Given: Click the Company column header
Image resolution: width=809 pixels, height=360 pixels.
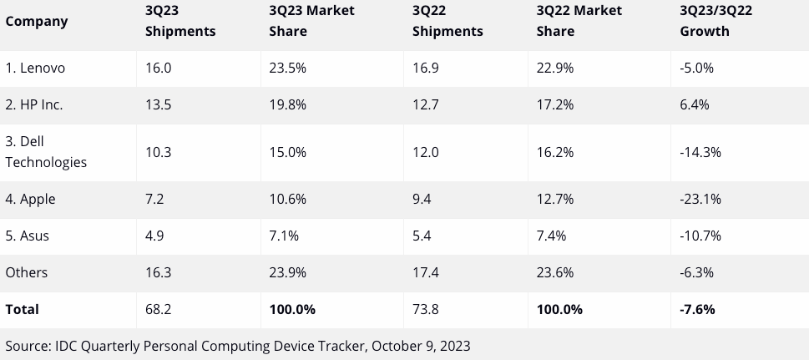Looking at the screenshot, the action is pyautogui.click(x=36, y=22).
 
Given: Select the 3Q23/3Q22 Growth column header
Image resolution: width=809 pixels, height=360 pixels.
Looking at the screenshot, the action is pyautogui.click(x=715, y=21).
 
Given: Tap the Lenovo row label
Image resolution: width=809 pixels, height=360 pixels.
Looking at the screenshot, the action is pyautogui.click(x=35, y=68).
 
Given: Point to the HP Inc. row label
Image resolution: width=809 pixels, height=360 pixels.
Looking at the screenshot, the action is pyautogui.click(x=34, y=105).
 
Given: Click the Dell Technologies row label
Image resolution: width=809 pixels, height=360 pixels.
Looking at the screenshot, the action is pyautogui.click(x=46, y=152).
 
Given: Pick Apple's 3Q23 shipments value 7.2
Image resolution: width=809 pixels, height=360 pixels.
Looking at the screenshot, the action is pyautogui.click(x=154, y=199).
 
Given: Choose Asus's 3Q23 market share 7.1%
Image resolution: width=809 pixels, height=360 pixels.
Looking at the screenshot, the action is pyautogui.click(x=284, y=236).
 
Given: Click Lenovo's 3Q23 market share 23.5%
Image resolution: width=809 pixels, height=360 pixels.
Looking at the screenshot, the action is pyautogui.click(x=287, y=68).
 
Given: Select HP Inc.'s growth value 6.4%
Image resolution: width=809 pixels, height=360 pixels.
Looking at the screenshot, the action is pyautogui.click(x=695, y=105).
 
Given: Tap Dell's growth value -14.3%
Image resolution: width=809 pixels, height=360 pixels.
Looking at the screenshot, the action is pyautogui.click(x=700, y=152).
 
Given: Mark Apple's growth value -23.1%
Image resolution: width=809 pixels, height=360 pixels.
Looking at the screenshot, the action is pyautogui.click(x=700, y=199).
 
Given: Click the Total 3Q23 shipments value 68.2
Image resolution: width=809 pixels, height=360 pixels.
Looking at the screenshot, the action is pyautogui.click(x=158, y=309).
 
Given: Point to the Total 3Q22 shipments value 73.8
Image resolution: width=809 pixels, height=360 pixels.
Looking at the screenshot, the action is pyautogui.click(x=426, y=309).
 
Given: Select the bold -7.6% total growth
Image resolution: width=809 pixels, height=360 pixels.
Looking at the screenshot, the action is pyautogui.click(x=698, y=309).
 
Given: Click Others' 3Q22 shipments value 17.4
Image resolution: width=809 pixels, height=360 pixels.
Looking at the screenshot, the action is pyautogui.click(x=426, y=272).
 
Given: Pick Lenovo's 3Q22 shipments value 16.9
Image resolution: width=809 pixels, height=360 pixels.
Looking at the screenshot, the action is pyautogui.click(x=426, y=68).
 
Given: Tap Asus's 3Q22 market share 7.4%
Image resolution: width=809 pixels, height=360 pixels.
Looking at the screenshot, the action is pyautogui.click(x=551, y=236).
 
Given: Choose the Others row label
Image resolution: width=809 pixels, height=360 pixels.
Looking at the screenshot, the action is pyautogui.click(x=27, y=272).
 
